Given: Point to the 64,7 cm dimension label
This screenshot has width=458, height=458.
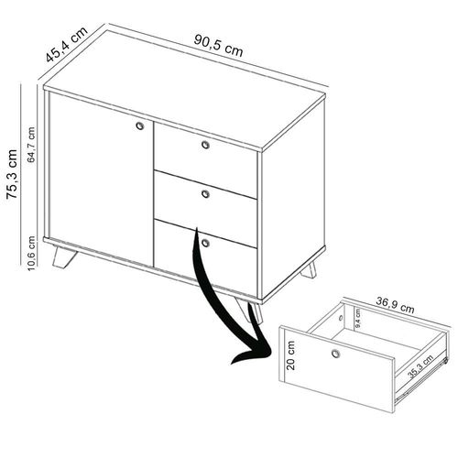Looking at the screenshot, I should (34, 143).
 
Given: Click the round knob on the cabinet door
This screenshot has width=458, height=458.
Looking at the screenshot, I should (139, 125).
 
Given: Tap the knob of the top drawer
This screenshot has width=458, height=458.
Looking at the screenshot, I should (205, 145).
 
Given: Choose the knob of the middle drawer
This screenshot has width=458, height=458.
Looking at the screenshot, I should (205, 194).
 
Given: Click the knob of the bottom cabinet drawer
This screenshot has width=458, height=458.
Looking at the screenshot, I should (206, 244).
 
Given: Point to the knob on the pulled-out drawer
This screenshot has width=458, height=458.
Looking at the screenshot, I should (336, 354).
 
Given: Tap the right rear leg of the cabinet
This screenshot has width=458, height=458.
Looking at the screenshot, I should (309, 269).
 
